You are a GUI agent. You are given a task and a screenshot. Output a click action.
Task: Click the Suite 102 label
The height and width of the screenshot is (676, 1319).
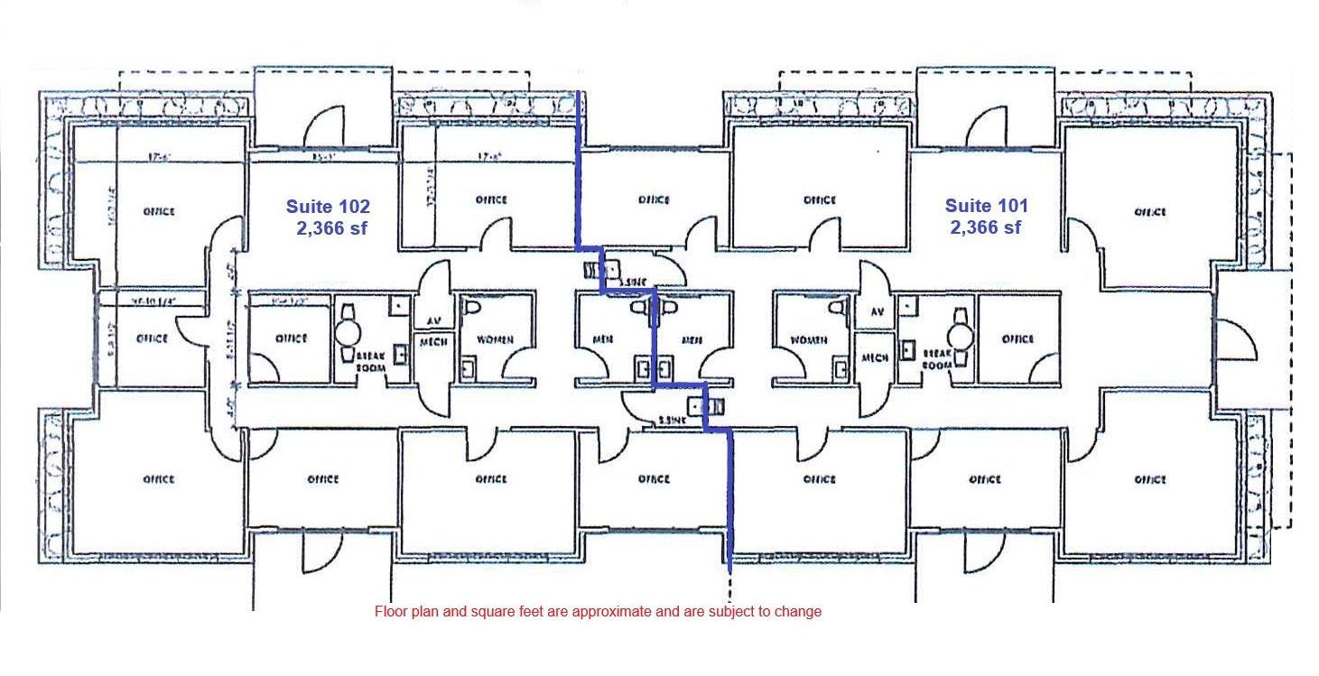[x=328, y=206]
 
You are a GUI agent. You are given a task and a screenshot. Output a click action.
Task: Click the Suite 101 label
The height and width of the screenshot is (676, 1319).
[x=986, y=206]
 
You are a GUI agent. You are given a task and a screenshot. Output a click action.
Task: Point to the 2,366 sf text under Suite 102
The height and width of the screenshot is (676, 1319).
[x=333, y=228]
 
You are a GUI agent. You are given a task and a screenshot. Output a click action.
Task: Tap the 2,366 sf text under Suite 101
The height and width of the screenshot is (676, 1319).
[x=986, y=228]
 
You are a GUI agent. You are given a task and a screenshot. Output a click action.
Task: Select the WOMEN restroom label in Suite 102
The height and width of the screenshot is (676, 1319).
[x=496, y=340]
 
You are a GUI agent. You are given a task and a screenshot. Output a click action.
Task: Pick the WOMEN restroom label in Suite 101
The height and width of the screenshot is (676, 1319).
[x=809, y=340]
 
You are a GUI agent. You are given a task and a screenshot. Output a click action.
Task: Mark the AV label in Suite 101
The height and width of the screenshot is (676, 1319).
[x=876, y=312]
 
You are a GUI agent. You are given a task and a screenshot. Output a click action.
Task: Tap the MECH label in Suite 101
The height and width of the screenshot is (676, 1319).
[x=875, y=357]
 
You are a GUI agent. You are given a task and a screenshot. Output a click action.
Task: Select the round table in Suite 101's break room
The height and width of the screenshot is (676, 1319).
[x=961, y=337]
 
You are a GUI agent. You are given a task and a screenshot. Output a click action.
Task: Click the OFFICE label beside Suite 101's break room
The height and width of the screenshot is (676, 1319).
[x=1017, y=339]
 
